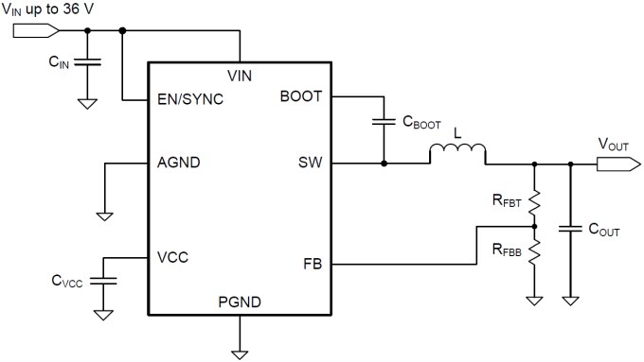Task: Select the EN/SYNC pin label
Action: [190, 98]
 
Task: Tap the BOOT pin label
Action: [301, 97]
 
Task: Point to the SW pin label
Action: [311, 163]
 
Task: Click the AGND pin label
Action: [180, 163]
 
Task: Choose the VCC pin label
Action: [174, 256]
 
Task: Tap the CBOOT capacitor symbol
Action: [384, 121]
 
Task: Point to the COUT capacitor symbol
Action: [570, 228]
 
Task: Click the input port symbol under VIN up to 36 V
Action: [28, 29]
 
